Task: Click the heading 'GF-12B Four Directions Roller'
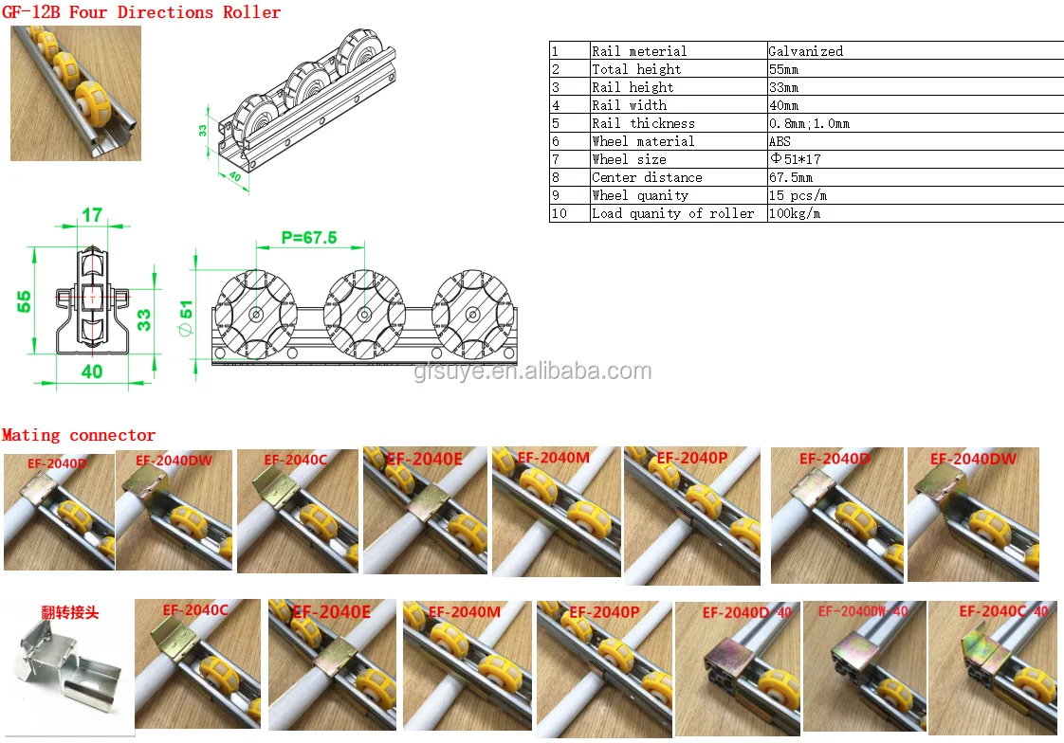click(x=141, y=12)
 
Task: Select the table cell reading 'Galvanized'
click(x=805, y=51)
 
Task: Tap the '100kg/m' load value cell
click(x=794, y=213)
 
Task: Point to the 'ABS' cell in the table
click(x=780, y=141)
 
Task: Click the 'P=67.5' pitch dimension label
click(x=309, y=238)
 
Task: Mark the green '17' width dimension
click(x=92, y=215)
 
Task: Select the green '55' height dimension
click(x=25, y=301)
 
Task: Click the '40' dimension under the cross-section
click(x=91, y=371)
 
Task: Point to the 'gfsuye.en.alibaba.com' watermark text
click(x=532, y=371)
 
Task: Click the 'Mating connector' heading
click(x=79, y=435)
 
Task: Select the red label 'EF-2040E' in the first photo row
click(x=424, y=459)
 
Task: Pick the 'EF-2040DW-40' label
click(x=863, y=611)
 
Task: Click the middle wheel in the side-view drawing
click(x=364, y=314)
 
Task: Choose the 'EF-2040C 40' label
click(x=1002, y=611)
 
